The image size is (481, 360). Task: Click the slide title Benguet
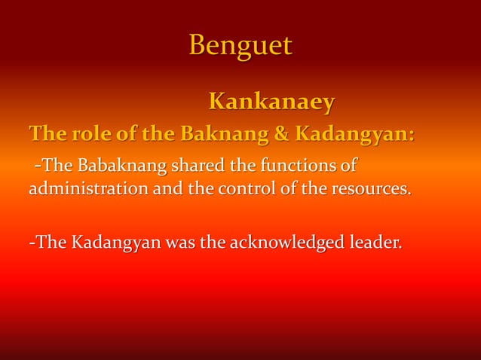[x=240, y=46]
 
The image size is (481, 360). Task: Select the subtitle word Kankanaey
[x=271, y=101]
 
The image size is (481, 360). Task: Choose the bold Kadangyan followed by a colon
[x=351, y=136]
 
